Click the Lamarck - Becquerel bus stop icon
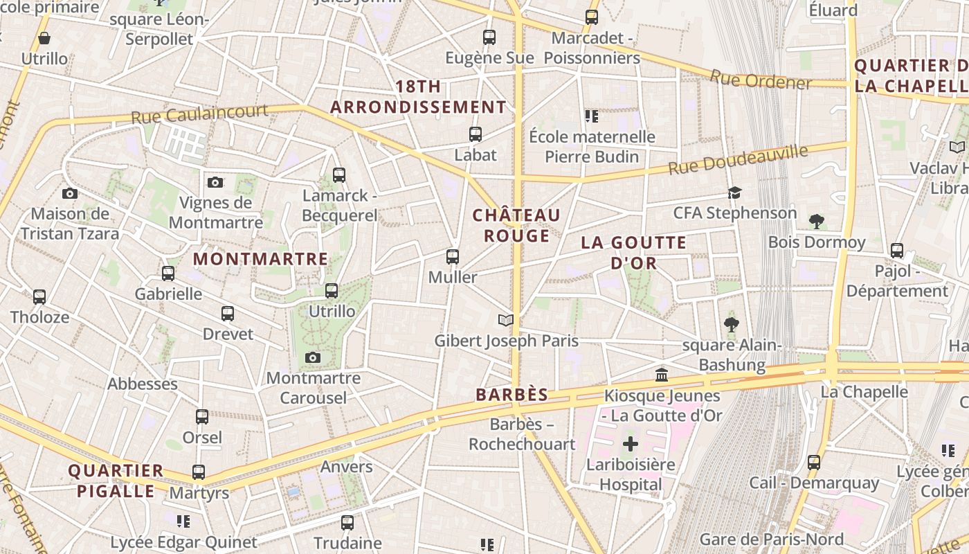click(338, 175)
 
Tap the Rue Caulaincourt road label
click(199, 114)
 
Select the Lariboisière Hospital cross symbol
click(631, 443)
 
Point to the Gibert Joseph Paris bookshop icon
click(507, 320)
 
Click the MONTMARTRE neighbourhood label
click(260, 259)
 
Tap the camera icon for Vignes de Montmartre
click(215, 182)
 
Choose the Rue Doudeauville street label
click(738, 160)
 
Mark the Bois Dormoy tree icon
click(817, 222)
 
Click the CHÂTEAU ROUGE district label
click(516, 226)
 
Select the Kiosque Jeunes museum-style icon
click(662, 375)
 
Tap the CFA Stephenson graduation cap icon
click(734, 193)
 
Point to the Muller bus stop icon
click(453, 257)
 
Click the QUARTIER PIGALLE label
click(116, 481)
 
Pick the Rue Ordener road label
click(761, 80)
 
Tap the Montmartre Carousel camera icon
click(313, 357)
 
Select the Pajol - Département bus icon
click(897, 250)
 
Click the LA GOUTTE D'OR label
click(633, 253)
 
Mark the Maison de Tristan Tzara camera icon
click(69, 193)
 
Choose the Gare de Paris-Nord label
click(771, 539)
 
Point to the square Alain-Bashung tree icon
click(731, 324)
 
